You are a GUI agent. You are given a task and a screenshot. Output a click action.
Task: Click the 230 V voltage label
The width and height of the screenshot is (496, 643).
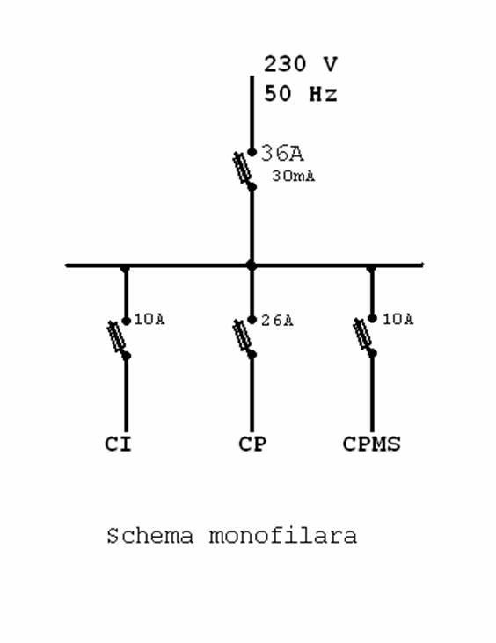(x=301, y=64)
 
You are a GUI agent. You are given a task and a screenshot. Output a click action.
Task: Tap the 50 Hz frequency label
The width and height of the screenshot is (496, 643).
(x=301, y=94)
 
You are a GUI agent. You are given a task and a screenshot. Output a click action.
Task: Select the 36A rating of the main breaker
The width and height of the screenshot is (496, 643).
(x=282, y=153)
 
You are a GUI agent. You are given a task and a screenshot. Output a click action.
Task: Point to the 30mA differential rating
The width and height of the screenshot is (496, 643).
(x=294, y=176)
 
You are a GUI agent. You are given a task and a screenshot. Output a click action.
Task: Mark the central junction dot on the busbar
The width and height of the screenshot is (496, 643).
(x=252, y=265)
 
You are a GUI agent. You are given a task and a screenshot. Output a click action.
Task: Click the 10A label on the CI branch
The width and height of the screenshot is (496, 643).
(x=150, y=320)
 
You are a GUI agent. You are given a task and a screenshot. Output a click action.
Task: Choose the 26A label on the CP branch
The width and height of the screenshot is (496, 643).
(x=278, y=321)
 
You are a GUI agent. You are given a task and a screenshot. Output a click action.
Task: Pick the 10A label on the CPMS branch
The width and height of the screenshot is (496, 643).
(x=398, y=319)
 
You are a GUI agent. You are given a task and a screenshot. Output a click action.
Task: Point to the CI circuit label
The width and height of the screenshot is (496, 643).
(x=118, y=444)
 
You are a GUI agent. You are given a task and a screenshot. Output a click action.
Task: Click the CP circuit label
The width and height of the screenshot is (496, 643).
(x=252, y=444)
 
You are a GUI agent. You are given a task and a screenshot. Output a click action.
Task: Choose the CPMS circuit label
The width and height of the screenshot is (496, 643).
(x=372, y=444)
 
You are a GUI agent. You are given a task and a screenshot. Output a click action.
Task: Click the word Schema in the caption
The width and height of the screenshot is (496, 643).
(x=150, y=536)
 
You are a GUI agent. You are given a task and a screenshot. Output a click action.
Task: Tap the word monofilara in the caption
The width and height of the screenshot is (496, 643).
(x=283, y=536)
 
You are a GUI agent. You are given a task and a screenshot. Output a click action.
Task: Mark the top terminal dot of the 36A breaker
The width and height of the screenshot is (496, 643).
(x=252, y=152)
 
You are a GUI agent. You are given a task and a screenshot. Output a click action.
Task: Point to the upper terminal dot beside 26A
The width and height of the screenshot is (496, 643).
(x=252, y=320)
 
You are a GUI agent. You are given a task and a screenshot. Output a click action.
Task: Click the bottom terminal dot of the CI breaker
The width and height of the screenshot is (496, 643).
(x=127, y=356)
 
